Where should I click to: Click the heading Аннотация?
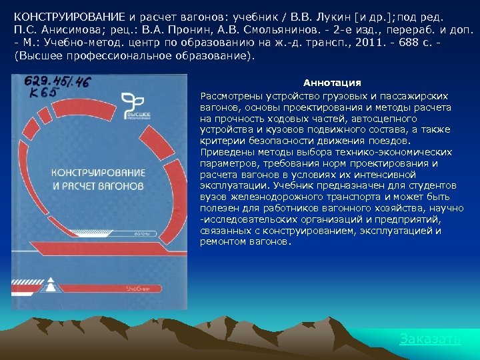pyautogui.click(x=332, y=83)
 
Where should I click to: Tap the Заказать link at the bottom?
pyautogui.click(x=429, y=339)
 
